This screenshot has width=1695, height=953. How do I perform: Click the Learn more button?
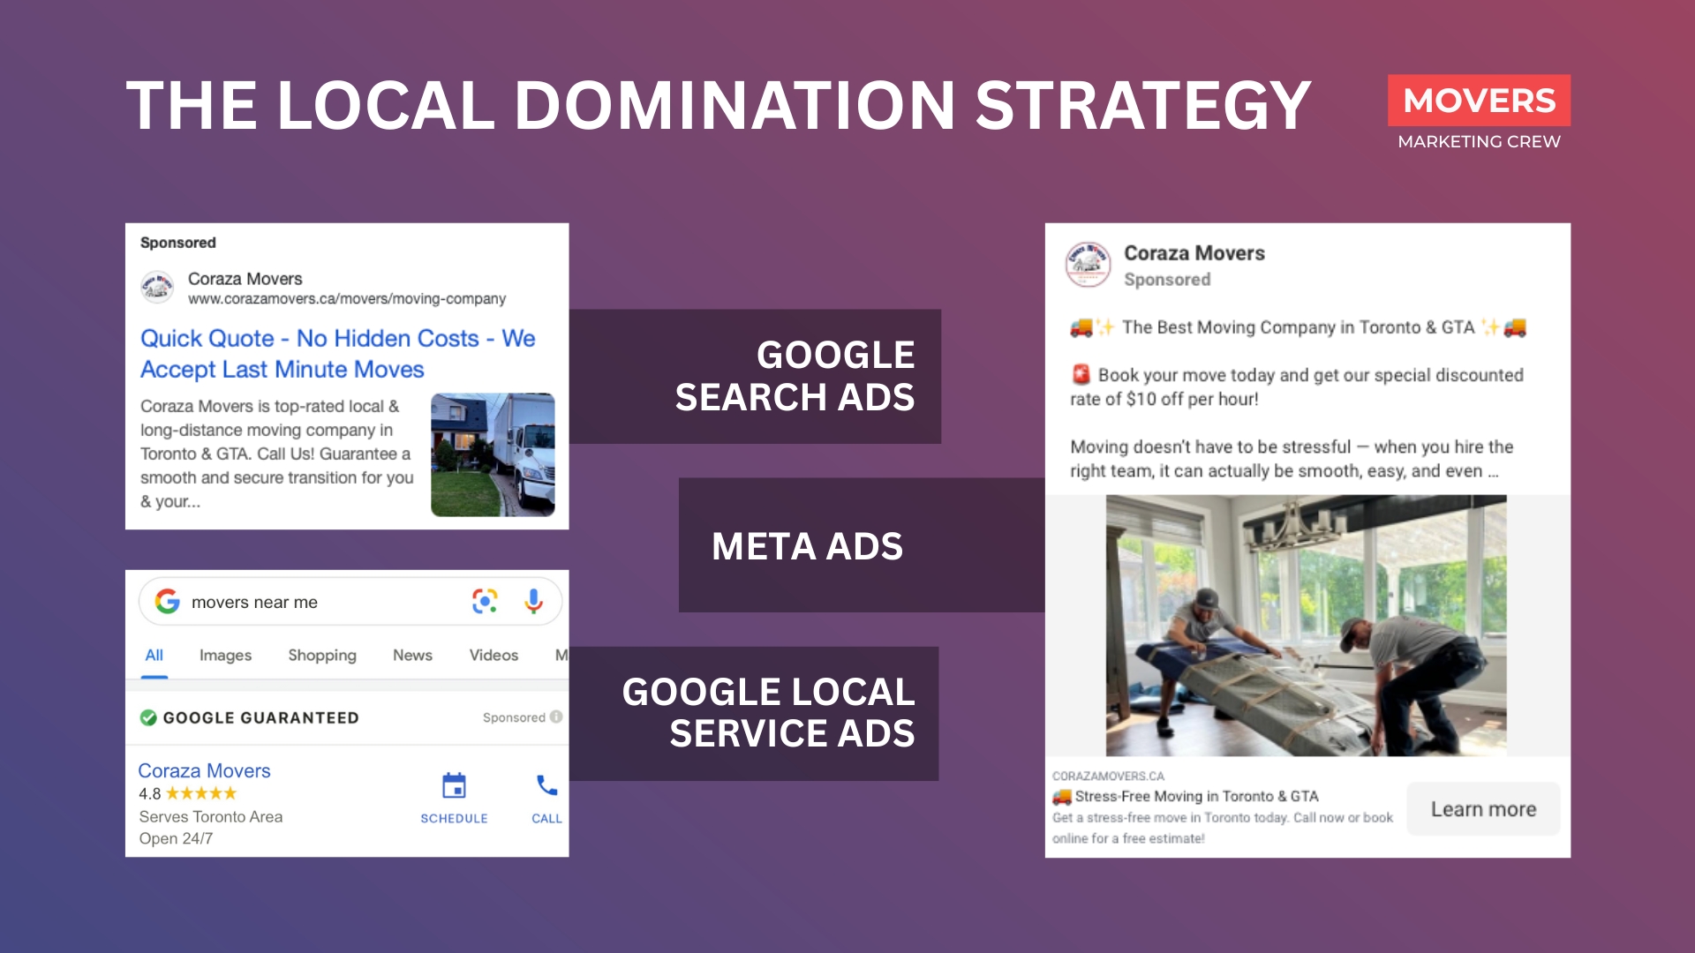pyautogui.click(x=1483, y=809)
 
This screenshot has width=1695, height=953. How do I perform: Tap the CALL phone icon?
pyautogui.click(x=546, y=785)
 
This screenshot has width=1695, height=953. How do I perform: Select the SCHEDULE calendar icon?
pyautogui.click(x=454, y=785)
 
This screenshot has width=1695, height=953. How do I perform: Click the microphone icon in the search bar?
pyautogui.click(x=533, y=602)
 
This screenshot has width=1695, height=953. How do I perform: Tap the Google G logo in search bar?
pyautogui.click(x=167, y=602)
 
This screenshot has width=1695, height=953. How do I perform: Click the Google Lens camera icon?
pyautogui.click(x=485, y=602)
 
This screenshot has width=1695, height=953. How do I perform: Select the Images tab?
pyautogui.click(x=225, y=655)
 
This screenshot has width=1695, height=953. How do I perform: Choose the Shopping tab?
pyautogui.click(x=322, y=655)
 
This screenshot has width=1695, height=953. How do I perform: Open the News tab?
pyautogui.click(x=412, y=655)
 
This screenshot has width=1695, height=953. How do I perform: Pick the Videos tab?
pyautogui.click(x=493, y=655)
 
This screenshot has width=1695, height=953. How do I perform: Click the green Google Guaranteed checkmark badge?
pyautogui.click(x=148, y=717)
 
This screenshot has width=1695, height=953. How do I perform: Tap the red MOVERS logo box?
pyautogui.click(x=1479, y=101)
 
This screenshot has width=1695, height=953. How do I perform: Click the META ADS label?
pyautogui.click(x=807, y=546)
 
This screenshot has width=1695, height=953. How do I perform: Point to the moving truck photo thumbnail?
pyautogui.click(x=493, y=454)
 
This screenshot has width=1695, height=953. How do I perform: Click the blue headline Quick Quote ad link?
pyautogui.click(x=337, y=353)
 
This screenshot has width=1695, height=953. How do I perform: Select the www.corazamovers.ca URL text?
pyautogui.click(x=347, y=299)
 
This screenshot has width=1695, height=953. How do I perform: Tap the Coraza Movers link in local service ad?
pyautogui.click(x=204, y=770)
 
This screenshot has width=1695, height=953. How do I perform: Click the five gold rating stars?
pyautogui.click(x=201, y=793)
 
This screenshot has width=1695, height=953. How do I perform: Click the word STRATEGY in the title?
pyautogui.click(x=1142, y=106)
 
